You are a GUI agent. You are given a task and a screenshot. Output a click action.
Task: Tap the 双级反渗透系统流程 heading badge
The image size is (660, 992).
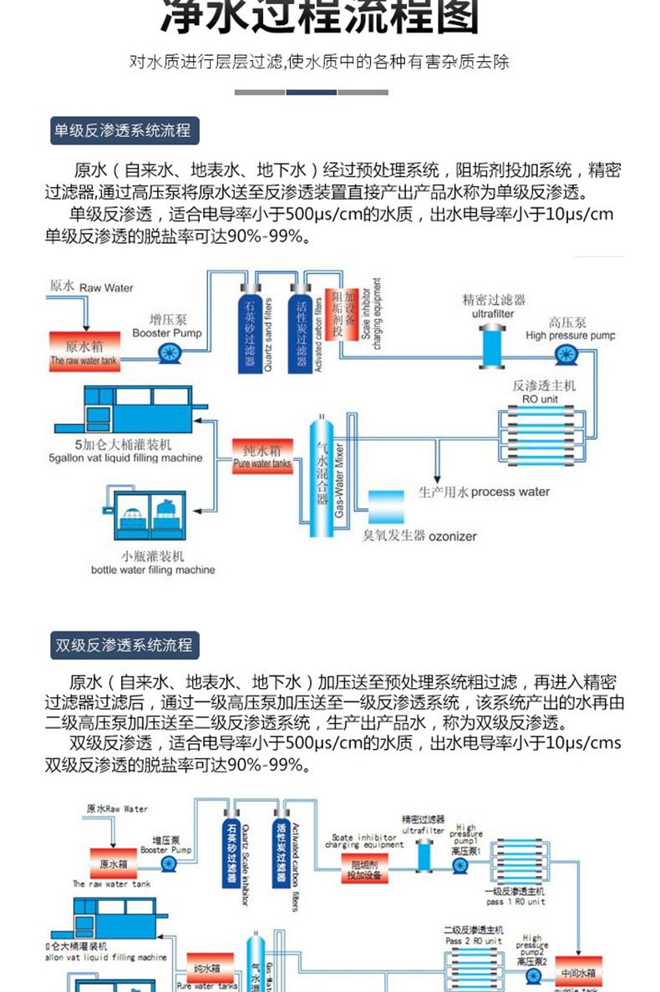[x=123, y=645]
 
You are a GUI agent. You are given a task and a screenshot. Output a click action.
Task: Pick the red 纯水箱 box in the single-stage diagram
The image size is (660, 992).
[x=261, y=456]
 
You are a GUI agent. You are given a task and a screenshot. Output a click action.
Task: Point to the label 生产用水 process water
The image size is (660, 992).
[x=484, y=492]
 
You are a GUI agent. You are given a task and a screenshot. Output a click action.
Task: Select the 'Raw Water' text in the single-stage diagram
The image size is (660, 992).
[x=106, y=287]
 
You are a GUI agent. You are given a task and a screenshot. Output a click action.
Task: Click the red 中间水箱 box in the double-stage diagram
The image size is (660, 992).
[x=579, y=973]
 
